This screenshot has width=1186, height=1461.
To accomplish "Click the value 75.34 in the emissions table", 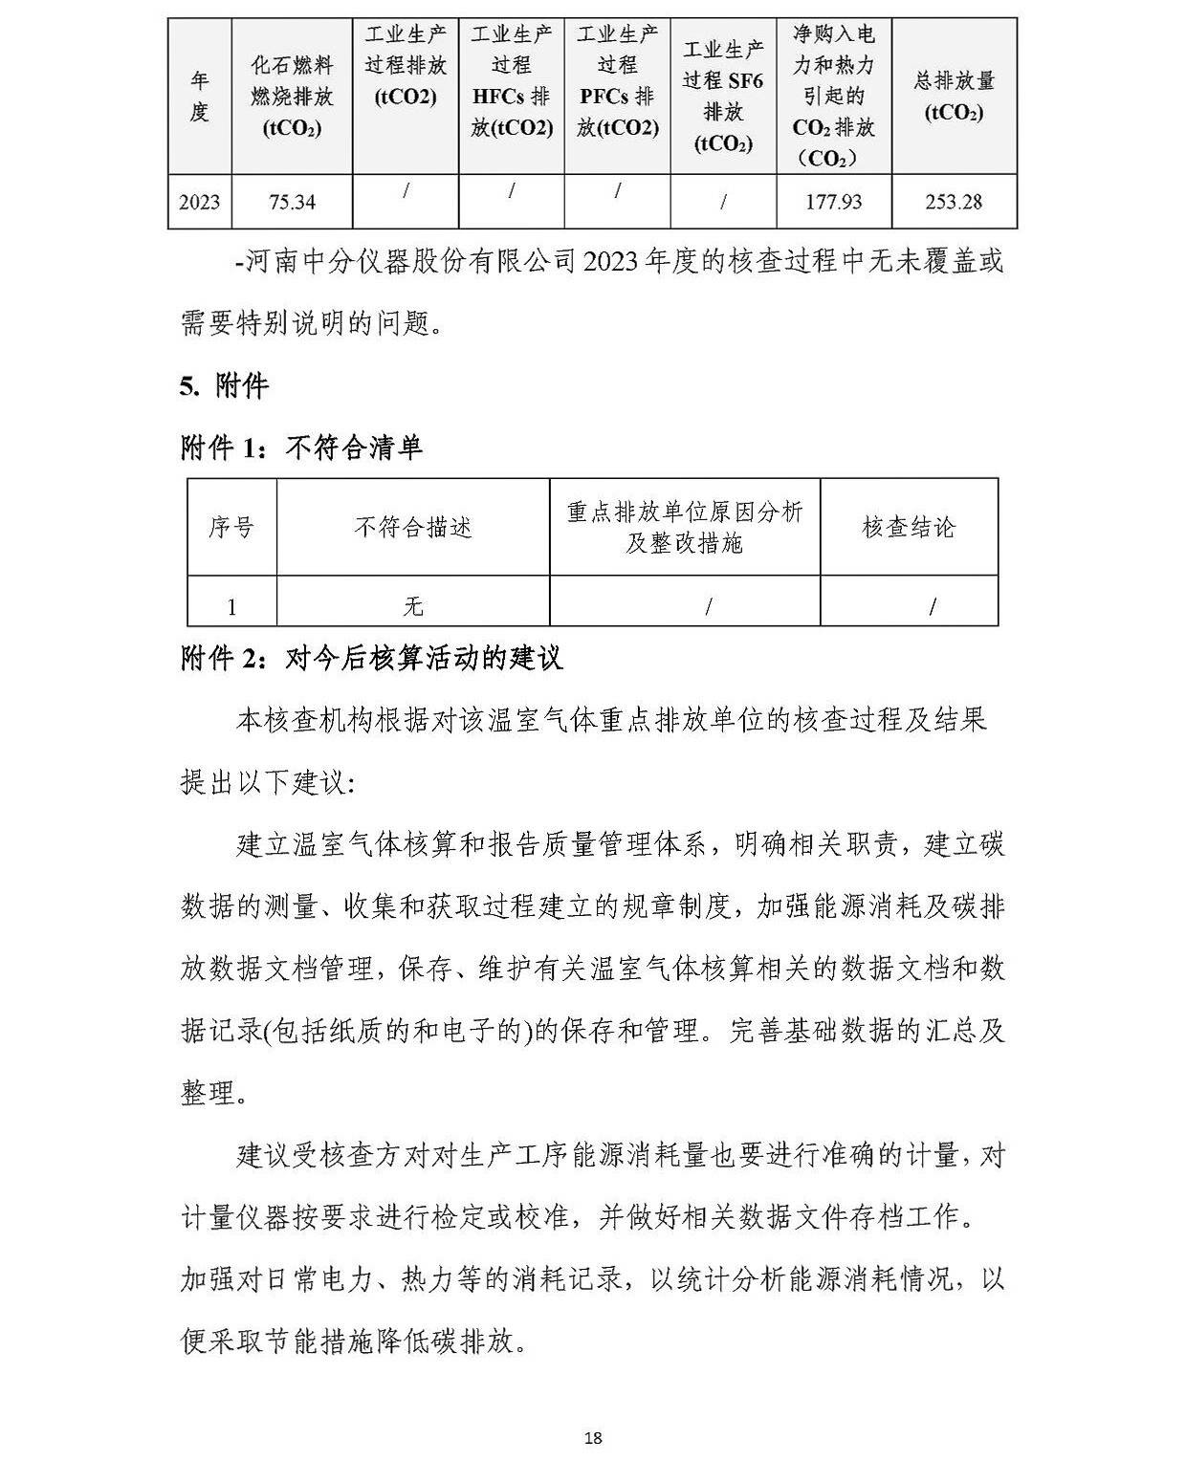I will (292, 202).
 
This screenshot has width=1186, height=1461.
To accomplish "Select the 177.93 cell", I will (833, 202).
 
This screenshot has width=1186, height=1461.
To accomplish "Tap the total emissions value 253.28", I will (954, 202).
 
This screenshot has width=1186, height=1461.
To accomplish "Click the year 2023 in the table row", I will (199, 202).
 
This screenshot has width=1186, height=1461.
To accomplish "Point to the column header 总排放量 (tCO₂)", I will (954, 96).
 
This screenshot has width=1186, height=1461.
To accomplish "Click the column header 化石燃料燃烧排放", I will (292, 96).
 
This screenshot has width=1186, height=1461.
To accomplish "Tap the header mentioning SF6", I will (723, 96).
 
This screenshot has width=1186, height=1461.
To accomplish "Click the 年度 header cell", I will (199, 96).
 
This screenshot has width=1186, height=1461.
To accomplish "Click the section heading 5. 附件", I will (224, 386).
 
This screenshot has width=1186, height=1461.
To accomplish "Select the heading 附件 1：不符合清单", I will (301, 447).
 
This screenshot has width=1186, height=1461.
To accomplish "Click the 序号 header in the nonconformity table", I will (231, 527).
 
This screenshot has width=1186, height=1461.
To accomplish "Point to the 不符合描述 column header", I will (413, 527).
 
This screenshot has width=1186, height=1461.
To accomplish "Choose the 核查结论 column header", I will (909, 527).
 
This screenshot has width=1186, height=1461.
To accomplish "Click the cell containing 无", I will (413, 606).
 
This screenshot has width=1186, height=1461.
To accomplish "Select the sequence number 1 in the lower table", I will (231, 606).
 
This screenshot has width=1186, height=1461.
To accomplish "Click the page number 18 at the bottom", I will (593, 1437).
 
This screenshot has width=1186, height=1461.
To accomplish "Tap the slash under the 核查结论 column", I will (933, 606).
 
